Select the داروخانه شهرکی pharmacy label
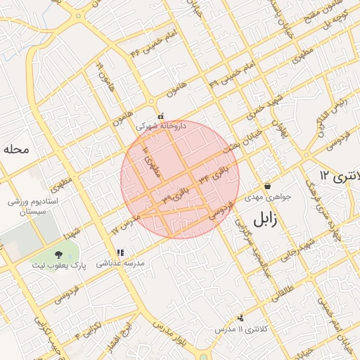coord(162,127)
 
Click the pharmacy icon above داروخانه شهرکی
coord(161,117)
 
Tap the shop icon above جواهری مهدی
coord(268,186)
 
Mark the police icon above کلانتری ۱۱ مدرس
coord(241,319)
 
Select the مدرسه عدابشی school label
coord(120,262)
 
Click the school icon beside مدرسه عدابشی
coord(120,252)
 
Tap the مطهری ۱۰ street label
coord(150,161)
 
